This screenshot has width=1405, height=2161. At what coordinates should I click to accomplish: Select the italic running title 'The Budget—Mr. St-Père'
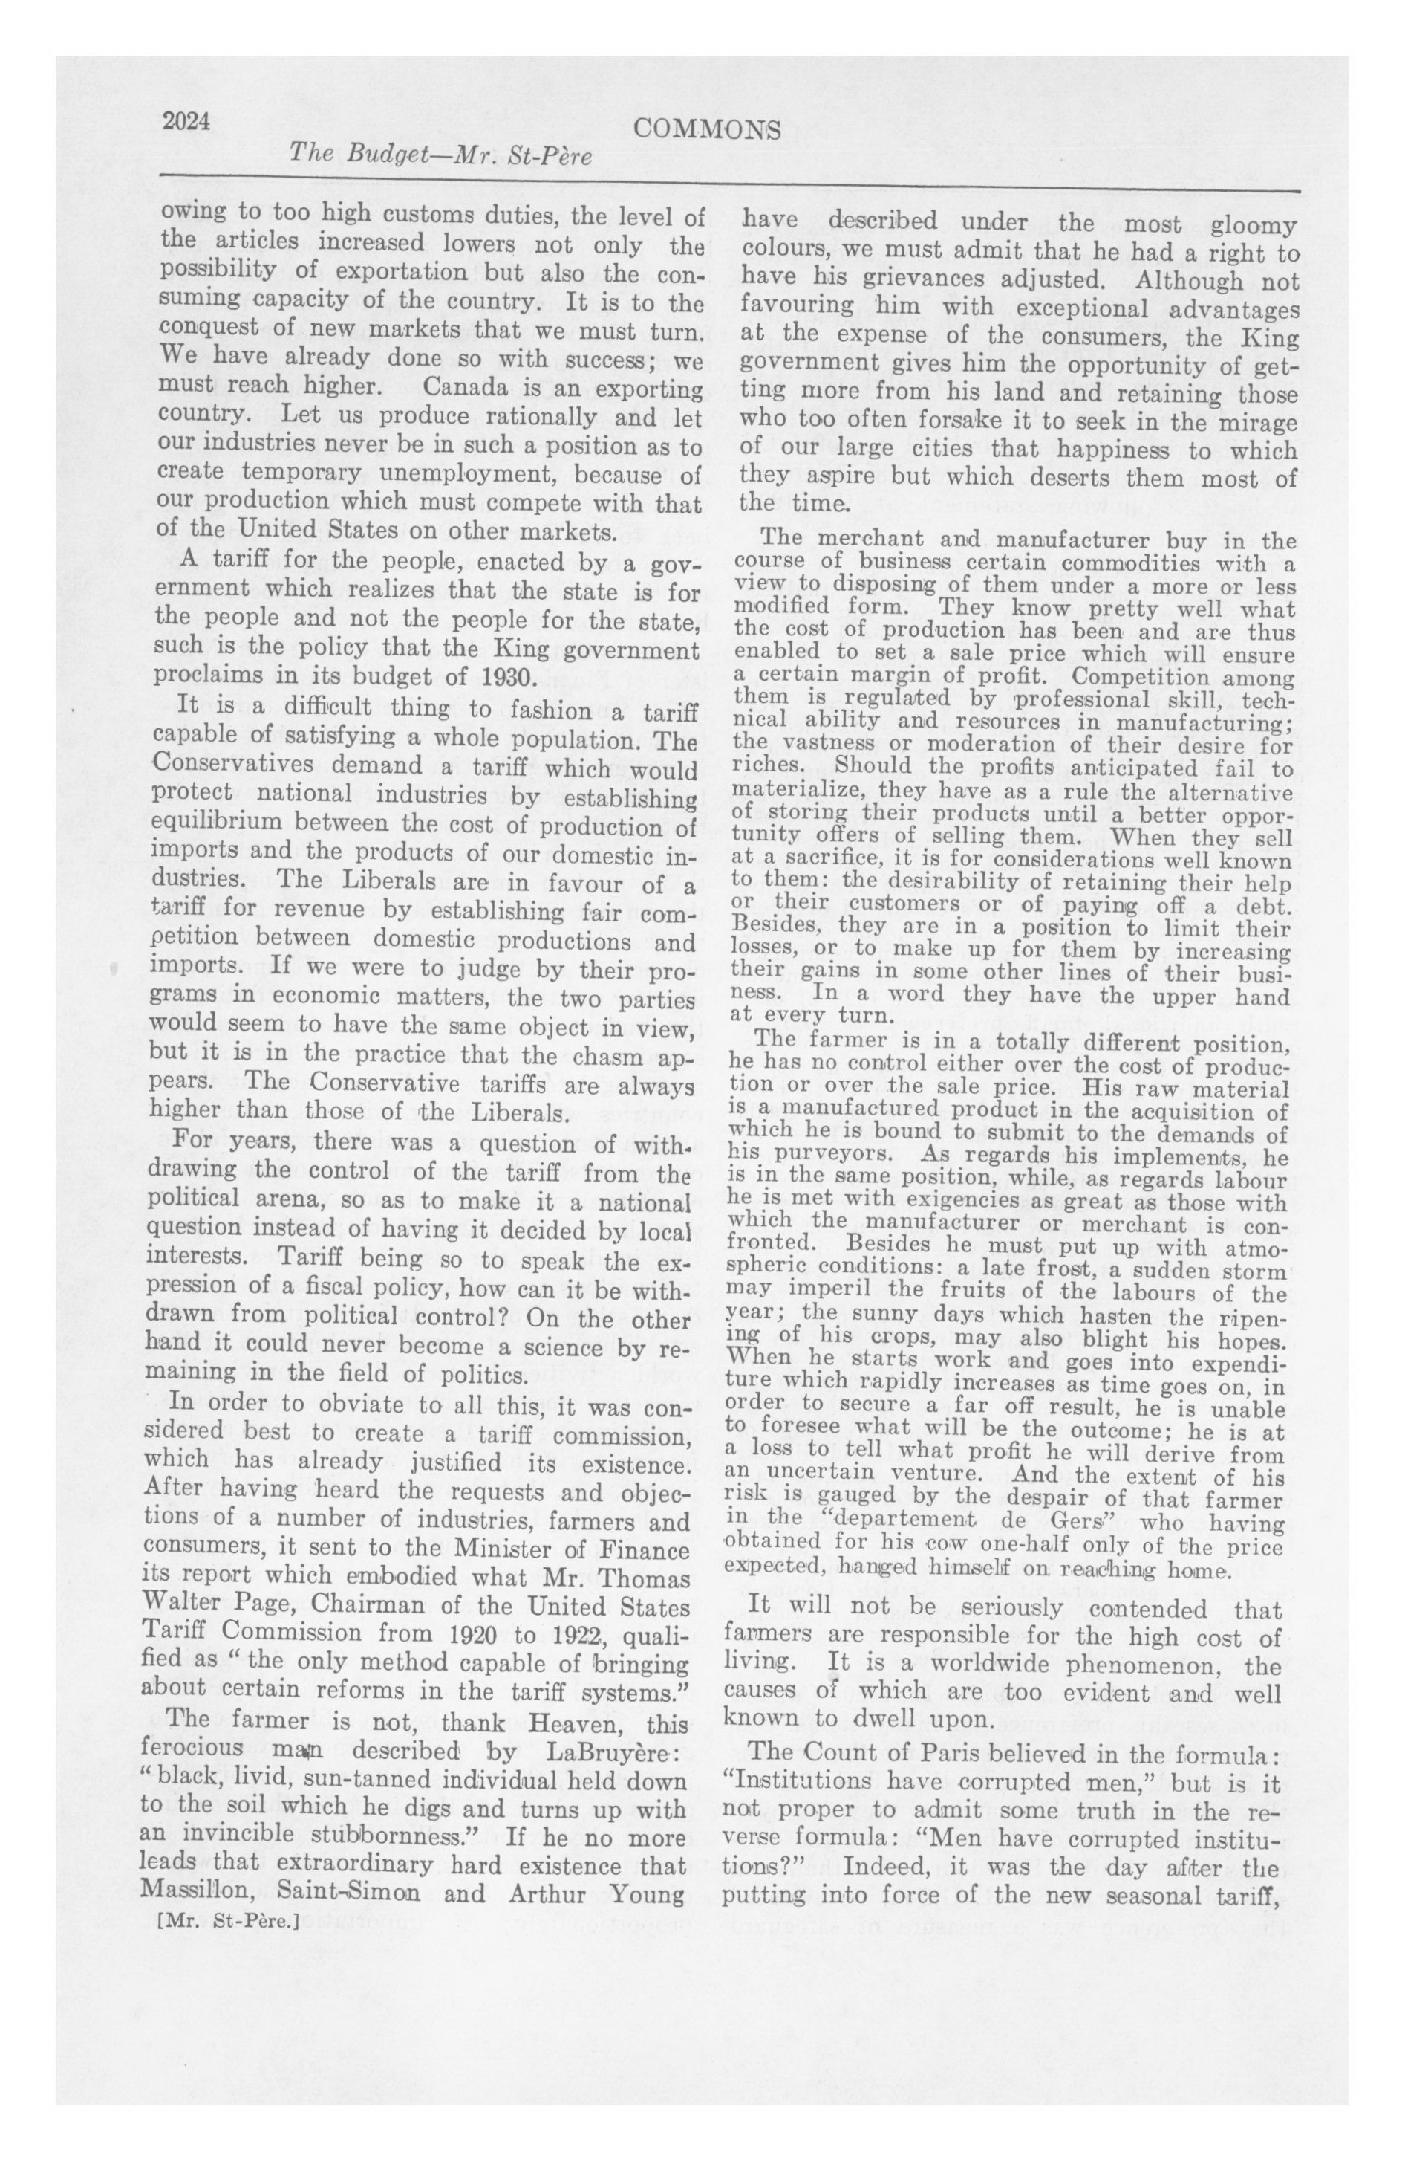coord(440,155)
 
